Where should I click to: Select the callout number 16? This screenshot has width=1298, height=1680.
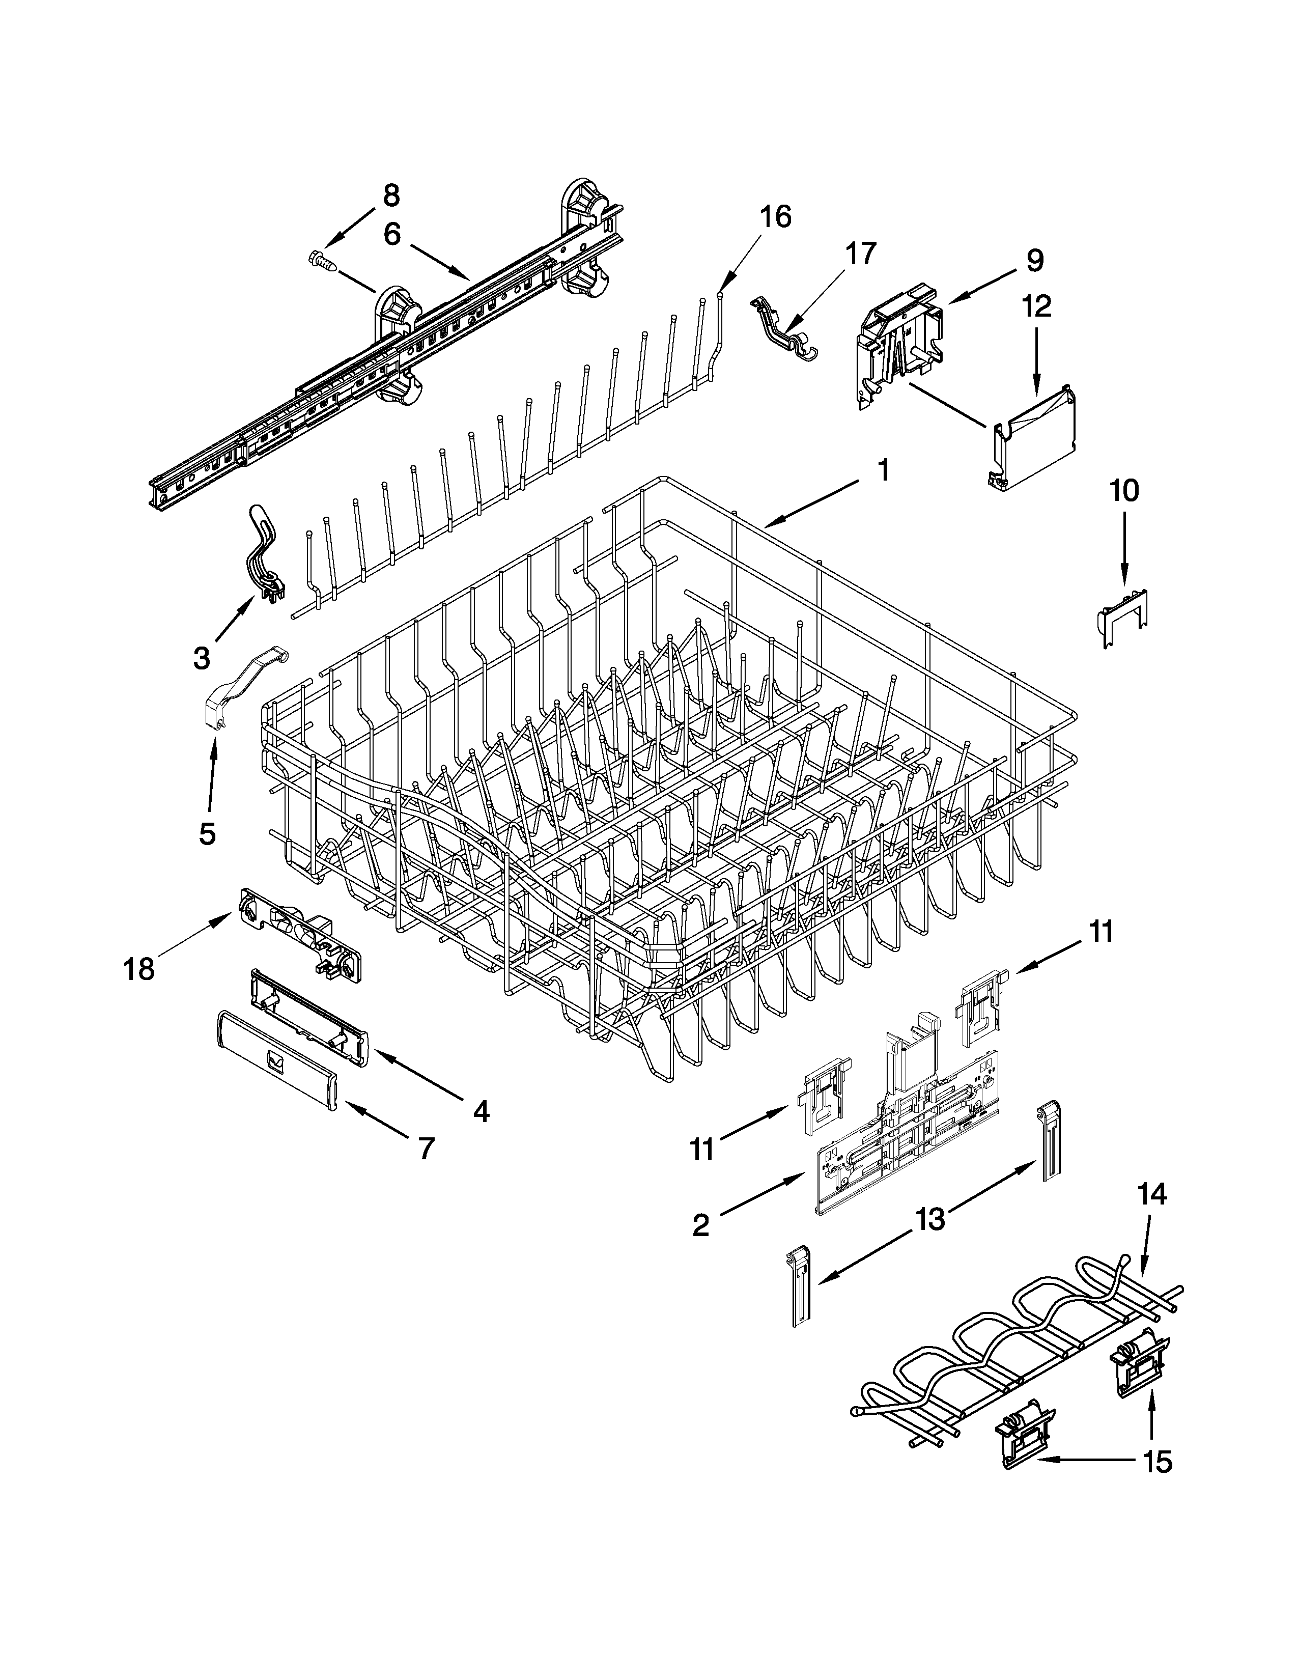(x=776, y=218)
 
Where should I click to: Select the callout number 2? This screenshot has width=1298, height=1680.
(x=700, y=1225)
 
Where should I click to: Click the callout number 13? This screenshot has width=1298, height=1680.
(x=929, y=1218)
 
